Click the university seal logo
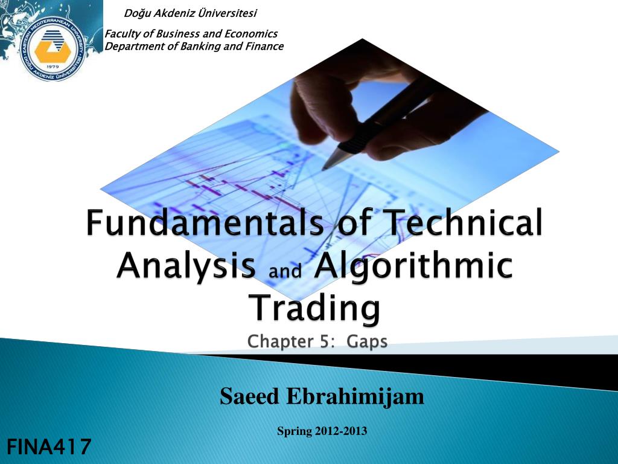[53, 49]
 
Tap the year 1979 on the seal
[53, 67]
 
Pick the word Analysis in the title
[186, 265]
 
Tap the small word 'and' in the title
[285, 270]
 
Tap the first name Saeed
[249, 396]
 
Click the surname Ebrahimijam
[355, 396]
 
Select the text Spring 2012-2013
[322, 431]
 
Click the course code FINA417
[49, 447]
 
